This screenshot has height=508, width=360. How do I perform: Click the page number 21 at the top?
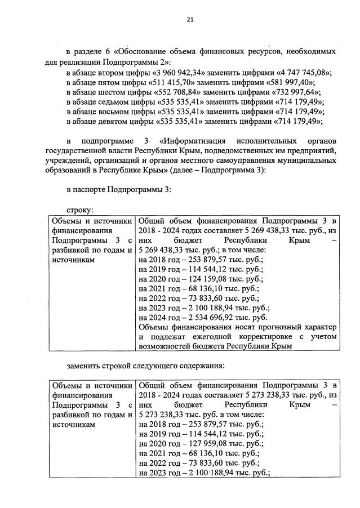pyautogui.click(x=190, y=20)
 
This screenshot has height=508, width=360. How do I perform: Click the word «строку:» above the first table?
pyautogui.click(x=79, y=210)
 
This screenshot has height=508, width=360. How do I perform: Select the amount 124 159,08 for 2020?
pyautogui.click(x=206, y=279)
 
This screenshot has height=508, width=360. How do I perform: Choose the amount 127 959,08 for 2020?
pyautogui.click(x=206, y=443)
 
